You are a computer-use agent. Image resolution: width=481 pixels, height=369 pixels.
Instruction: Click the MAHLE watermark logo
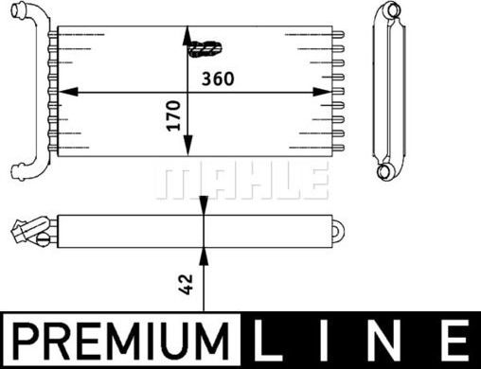tap(240, 180)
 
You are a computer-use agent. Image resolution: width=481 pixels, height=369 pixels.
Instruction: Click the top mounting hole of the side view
tap(389, 11)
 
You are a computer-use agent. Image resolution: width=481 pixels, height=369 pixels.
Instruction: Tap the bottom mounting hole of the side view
tap(385, 172)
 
